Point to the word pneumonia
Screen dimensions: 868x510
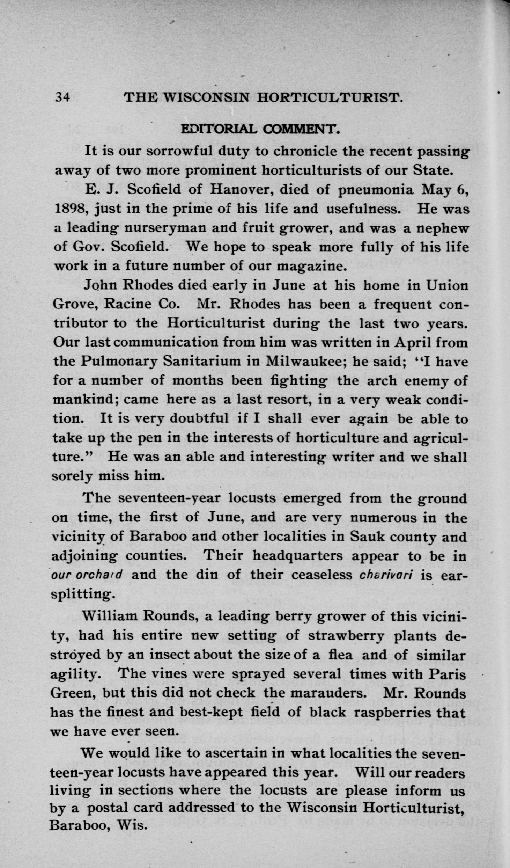coord(376,190)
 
